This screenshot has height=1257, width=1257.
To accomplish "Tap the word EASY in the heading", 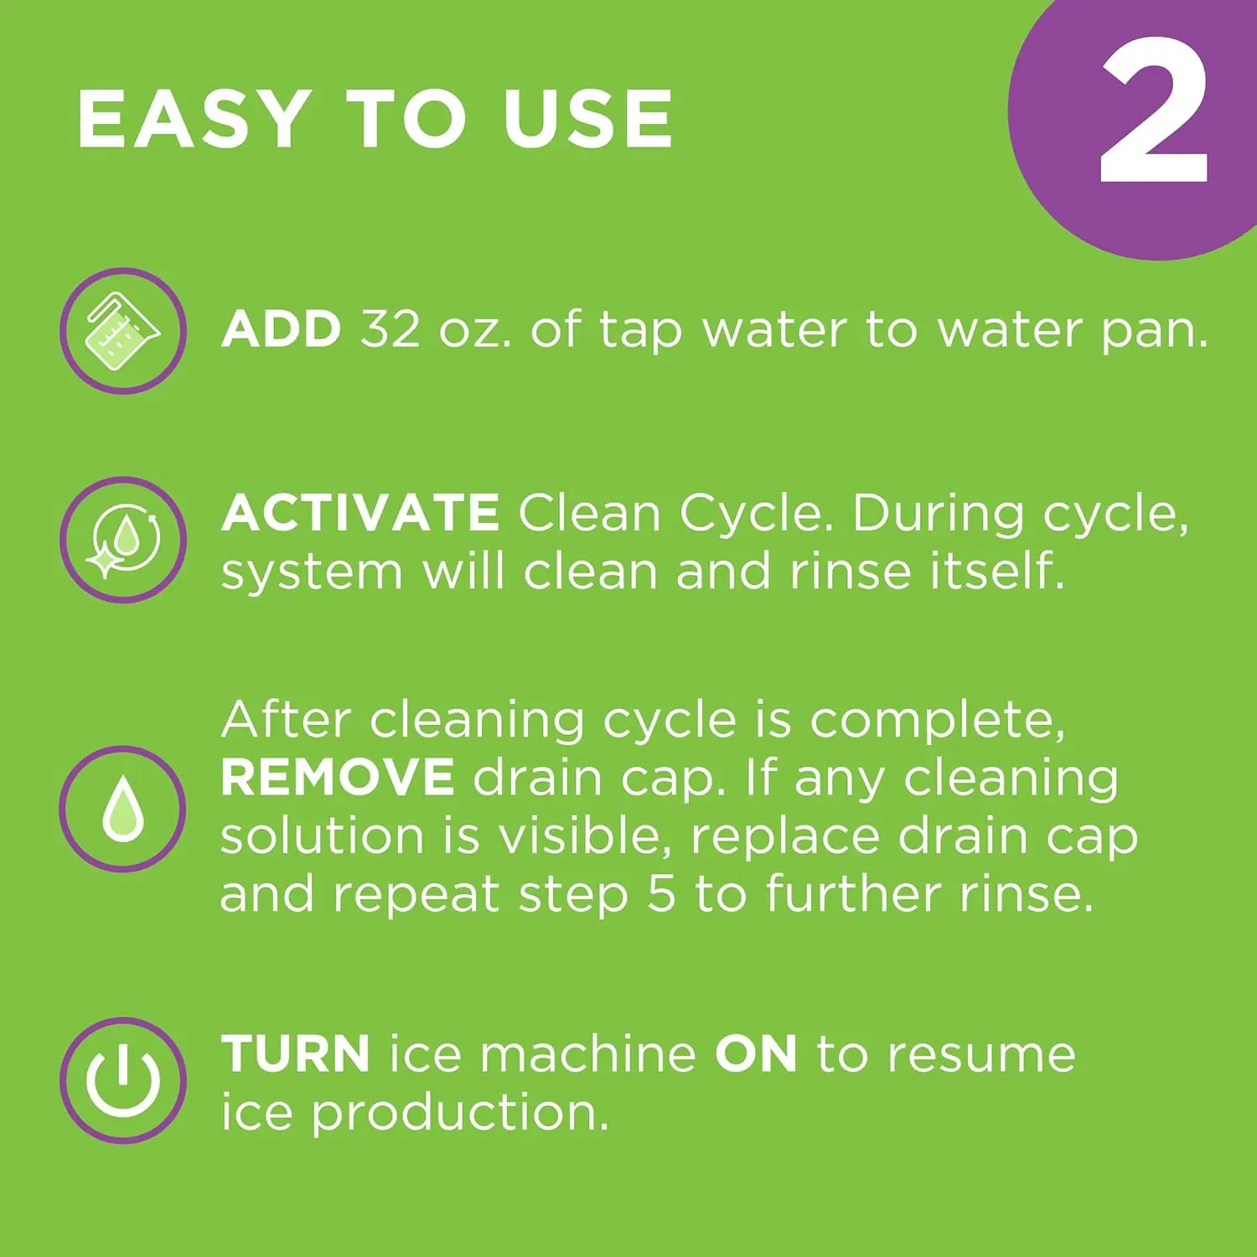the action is click(194, 119).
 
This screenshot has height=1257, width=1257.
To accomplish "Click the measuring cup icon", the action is click(122, 331).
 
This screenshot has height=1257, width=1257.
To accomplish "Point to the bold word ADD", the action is click(282, 328).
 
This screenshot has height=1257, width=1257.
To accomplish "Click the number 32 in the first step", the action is click(391, 328).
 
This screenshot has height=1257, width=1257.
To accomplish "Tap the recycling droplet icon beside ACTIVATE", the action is click(122, 540).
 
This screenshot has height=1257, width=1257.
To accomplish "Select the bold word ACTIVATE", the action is click(361, 512).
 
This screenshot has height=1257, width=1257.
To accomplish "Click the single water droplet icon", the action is click(122, 809).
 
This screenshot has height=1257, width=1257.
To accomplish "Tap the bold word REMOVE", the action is click(338, 777).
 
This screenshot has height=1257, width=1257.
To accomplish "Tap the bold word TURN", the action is click(296, 1053).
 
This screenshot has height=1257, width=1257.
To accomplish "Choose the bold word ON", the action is click(756, 1053).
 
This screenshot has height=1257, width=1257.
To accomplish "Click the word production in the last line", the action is click(460, 1115).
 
